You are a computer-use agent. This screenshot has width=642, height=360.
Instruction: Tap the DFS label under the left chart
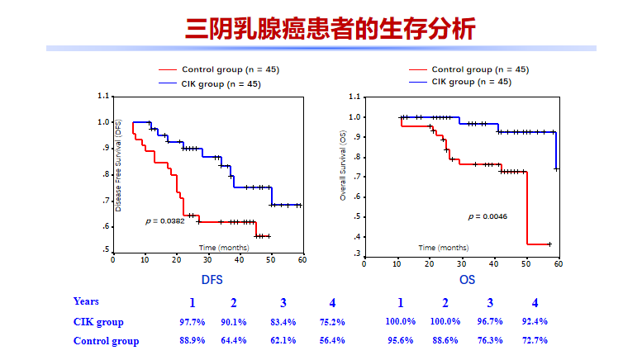[212, 279]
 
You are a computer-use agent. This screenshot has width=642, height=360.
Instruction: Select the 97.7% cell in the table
[192, 322]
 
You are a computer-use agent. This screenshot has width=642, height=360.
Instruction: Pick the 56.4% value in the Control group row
[332, 341]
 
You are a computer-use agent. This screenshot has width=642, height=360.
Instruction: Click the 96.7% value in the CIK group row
[490, 322]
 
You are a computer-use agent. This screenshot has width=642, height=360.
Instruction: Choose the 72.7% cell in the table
[535, 341]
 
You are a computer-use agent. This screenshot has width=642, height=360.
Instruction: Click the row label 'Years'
[86, 302]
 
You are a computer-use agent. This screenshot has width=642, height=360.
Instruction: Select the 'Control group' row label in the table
[106, 341]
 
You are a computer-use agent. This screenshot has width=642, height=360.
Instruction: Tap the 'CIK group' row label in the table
[97, 322]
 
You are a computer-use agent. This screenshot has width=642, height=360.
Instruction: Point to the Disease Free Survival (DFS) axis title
[119, 165]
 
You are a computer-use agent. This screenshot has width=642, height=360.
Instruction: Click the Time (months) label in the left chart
[223, 248]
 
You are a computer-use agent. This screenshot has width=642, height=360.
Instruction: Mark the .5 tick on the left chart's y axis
[105, 249]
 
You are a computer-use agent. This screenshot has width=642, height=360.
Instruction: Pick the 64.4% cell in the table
[234, 341]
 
